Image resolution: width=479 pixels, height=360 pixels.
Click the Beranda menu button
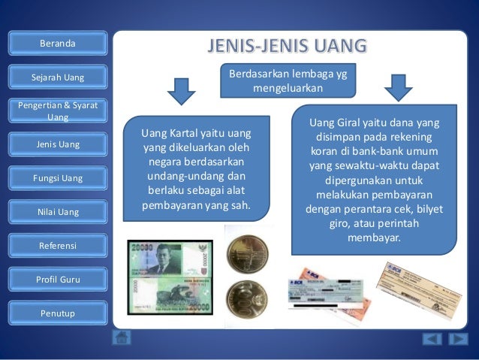click(x=58, y=44)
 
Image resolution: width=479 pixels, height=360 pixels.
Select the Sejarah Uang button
click(x=58, y=77)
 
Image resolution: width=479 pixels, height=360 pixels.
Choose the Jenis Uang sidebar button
click(x=58, y=144)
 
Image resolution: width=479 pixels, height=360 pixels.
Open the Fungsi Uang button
click(x=58, y=178)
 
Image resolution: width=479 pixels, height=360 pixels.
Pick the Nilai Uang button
click(x=58, y=212)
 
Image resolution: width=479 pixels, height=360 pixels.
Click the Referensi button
click(x=58, y=246)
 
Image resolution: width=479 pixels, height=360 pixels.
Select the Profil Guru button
click(x=58, y=280)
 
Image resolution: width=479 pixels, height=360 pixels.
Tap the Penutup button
click(x=58, y=313)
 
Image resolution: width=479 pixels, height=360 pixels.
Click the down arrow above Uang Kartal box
click(x=181, y=90)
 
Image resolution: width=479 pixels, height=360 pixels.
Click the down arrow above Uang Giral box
click(x=399, y=87)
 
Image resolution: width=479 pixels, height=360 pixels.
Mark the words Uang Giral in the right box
click(x=336, y=123)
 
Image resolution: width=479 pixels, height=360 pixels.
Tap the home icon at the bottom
click(x=122, y=337)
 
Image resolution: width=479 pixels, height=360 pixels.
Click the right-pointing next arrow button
click(x=458, y=339)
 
